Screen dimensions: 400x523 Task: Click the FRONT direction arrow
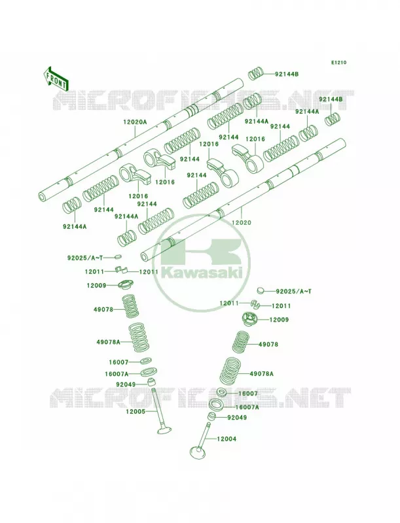click(56, 78)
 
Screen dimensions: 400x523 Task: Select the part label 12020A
click(135, 122)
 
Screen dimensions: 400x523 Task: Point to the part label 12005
click(136, 412)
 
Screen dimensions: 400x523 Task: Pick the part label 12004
click(227, 439)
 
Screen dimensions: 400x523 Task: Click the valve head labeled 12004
click(198, 452)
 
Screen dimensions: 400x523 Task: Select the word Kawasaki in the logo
click(202, 273)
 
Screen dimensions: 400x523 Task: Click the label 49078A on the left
click(109, 342)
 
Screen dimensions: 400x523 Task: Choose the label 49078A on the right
click(261, 374)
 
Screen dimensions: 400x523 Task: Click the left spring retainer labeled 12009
click(127, 286)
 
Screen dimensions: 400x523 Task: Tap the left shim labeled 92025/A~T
click(117, 257)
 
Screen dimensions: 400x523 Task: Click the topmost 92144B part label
click(287, 74)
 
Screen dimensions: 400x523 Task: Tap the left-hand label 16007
click(118, 362)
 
